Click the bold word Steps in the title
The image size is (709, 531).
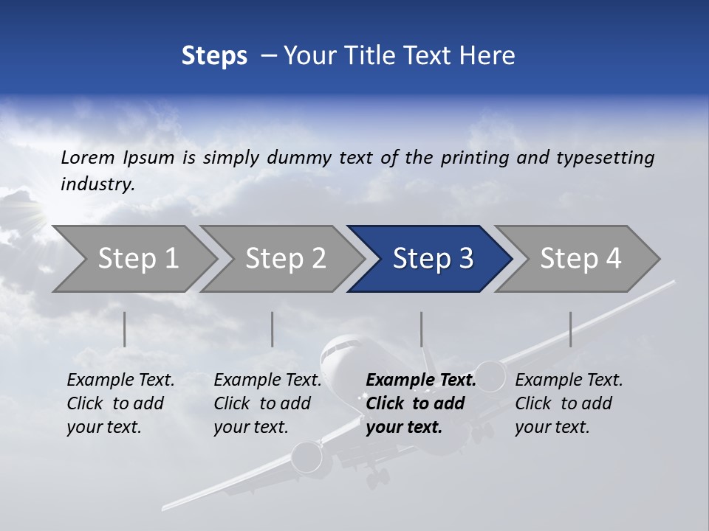tap(214, 56)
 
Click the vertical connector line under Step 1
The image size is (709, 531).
tap(125, 329)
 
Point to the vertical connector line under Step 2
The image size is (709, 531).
tap(273, 329)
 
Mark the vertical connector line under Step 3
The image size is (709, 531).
tap(421, 329)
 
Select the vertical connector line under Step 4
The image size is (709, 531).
tap(570, 329)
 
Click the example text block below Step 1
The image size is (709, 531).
tap(120, 403)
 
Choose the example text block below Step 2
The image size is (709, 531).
tap(267, 403)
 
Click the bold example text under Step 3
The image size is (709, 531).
tap(420, 403)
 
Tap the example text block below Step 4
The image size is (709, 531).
tap(569, 403)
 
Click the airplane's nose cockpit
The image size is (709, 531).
tap(340, 347)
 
